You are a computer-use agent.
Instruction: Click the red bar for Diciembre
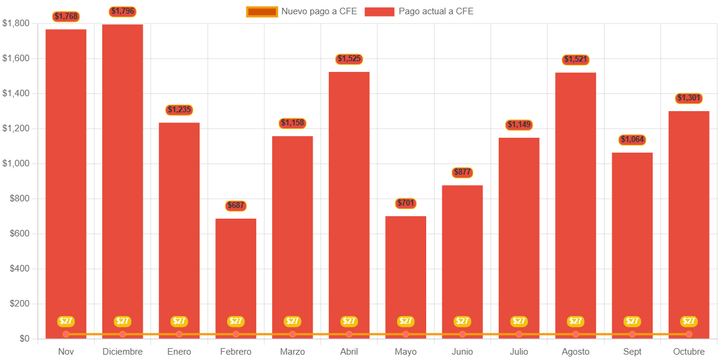122,178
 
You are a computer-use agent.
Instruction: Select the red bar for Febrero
236,273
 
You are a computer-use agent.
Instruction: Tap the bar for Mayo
405,273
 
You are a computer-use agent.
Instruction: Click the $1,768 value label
66,17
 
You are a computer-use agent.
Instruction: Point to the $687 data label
236,206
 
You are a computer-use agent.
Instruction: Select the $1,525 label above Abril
349,59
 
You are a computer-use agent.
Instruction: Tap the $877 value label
462,173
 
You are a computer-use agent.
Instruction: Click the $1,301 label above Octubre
689,98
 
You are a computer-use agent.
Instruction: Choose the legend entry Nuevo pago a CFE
302,11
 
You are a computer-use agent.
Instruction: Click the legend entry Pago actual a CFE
419,11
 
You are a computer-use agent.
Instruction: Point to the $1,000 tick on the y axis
15,163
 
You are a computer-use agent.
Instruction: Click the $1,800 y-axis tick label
15,23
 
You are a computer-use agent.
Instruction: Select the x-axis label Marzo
292,352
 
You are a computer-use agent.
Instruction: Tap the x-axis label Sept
632,352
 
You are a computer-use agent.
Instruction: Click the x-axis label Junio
462,352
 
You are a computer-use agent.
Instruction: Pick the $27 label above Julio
519,321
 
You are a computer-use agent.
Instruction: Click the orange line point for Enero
180,334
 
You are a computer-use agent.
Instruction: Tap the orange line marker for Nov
66,334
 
